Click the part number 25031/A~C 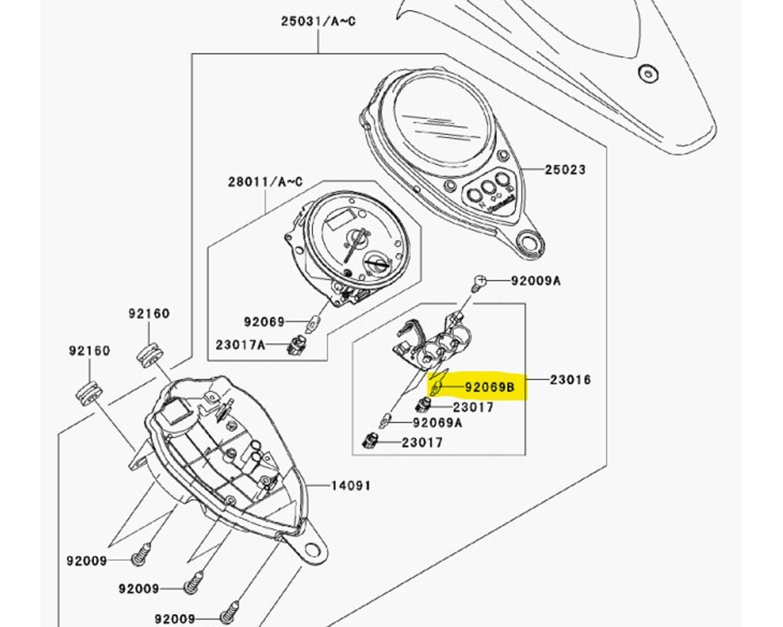click(x=318, y=21)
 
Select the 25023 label click(x=565, y=170)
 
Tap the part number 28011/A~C click(x=265, y=182)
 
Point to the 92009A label click(x=536, y=281)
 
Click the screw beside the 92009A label click(x=480, y=282)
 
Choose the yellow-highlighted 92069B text click(x=490, y=387)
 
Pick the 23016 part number click(x=571, y=380)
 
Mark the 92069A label click(x=437, y=422)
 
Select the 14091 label click(x=351, y=486)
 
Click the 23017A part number click(x=240, y=345)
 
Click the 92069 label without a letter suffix click(x=264, y=321)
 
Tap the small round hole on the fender click(x=647, y=73)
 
